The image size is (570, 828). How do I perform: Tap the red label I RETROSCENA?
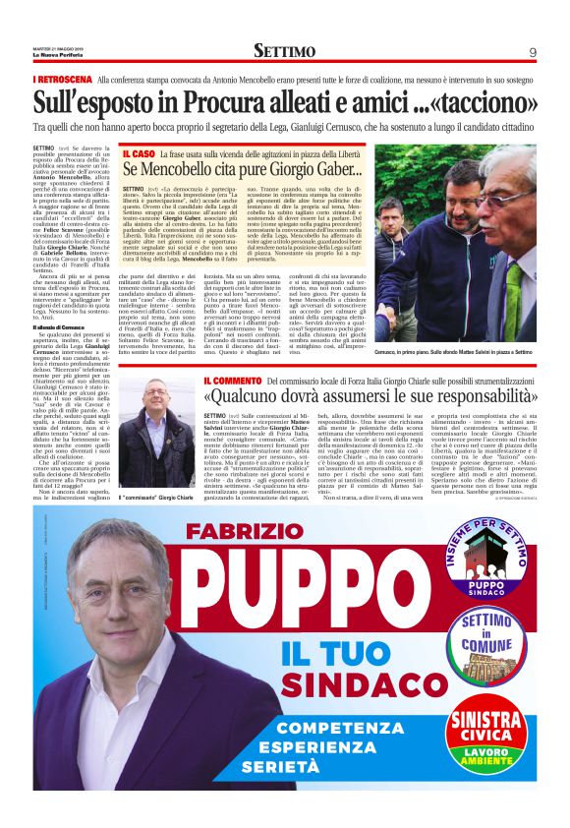click(x=62, y=78)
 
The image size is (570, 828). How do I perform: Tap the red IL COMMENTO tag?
click(x=234, y=381)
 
